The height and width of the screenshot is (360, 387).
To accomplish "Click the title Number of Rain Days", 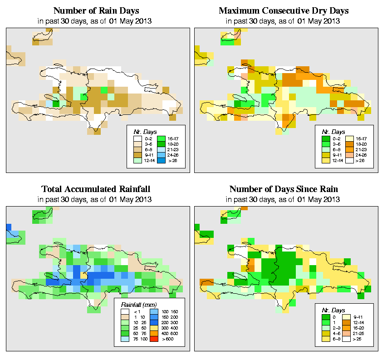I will pos(97,10).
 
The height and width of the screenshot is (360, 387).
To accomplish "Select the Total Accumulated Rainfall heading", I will pos(97,189).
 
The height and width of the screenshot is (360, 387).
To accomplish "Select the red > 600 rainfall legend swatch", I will pos(154,339).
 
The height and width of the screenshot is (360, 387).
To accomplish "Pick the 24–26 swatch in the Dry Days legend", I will pos(351,155).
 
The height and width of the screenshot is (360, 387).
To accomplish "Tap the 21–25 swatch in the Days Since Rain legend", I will pos(351,333).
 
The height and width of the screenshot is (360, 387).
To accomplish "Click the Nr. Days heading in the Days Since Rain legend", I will pos(335,310).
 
